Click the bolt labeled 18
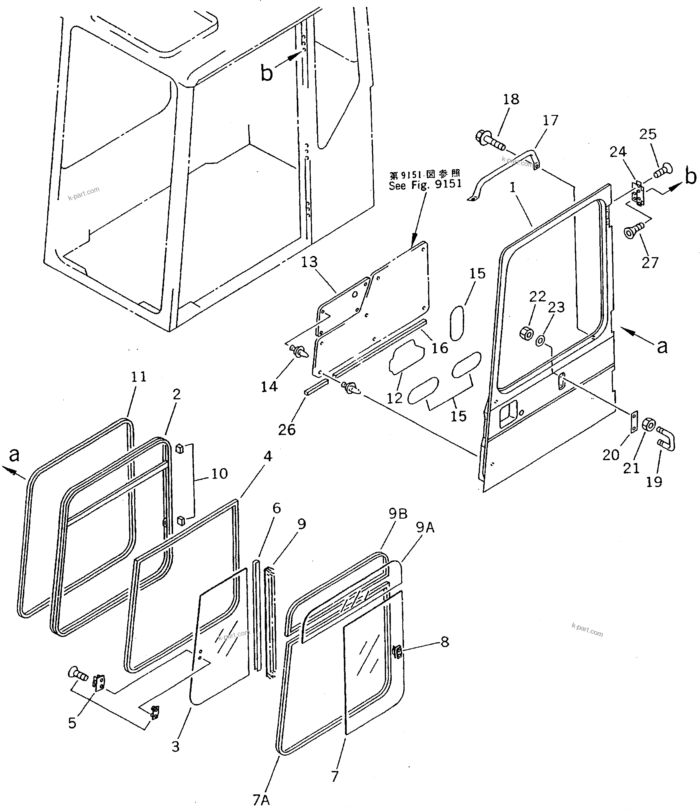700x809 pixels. coord(490,142)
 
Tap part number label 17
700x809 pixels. coord(550,120)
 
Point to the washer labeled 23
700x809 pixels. coord(541,340)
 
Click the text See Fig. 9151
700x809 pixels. coord(425,184)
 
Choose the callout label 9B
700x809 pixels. coord(398,514)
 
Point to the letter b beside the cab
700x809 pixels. coord(266,73)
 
